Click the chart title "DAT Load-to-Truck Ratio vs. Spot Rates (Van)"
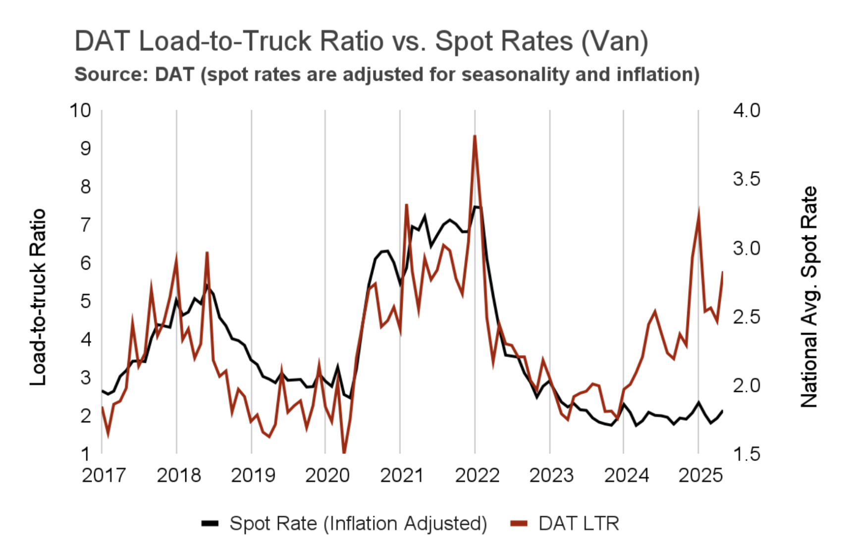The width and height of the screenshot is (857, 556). [x=361, y=41]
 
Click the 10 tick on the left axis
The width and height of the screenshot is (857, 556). [x=81, y=110]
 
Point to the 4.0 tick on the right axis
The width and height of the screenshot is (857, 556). [x=746, y=110]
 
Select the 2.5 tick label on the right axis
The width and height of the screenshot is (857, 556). [x=746, y=317]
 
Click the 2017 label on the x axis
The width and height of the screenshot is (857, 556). [x=104, y=475]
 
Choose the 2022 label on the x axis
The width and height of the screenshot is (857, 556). [x=477, y=475]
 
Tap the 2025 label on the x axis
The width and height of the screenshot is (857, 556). [x=700, y=475]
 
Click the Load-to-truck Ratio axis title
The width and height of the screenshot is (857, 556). [x=38, y=297]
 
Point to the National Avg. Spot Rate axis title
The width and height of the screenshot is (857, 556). [x=809, y=297]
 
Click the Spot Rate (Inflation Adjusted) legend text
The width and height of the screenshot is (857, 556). [x=358, y=524]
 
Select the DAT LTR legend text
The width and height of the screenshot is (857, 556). [x=579, y=524]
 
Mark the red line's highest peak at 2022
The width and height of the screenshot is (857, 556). [x=475, y=136]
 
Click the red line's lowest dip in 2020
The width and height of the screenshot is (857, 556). [x=344, y=452]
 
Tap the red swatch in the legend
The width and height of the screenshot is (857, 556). [x=519, y=524]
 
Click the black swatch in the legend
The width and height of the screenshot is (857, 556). [x=210, y=524]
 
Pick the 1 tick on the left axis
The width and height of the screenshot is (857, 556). [x=86, y=454]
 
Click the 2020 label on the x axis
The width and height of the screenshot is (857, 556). [x=327, y=475]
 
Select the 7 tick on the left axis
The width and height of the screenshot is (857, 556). [x=86, y=225]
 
